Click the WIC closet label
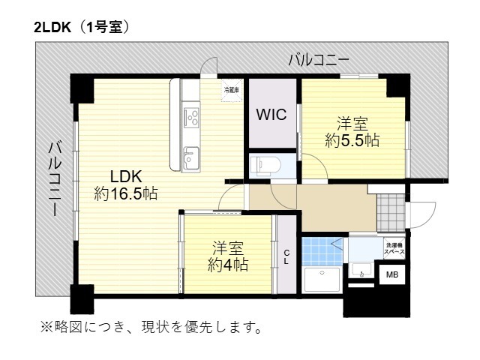point(271,115)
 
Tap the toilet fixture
point(265,166)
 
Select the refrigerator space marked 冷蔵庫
point(232,90)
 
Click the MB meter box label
point(391,274)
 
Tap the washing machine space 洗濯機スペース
point(394,248)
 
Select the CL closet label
point(286,257)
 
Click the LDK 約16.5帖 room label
point(126,185)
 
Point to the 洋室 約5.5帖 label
point(352,132)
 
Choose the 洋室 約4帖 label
point(228,256)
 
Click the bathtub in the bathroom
point(322,280)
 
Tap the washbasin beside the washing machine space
point(361,270)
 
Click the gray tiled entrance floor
point(391,212)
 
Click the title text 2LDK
point(52,28)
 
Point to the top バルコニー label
point(319,60)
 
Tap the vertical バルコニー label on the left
point(55,178)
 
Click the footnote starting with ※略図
point(151,327)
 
